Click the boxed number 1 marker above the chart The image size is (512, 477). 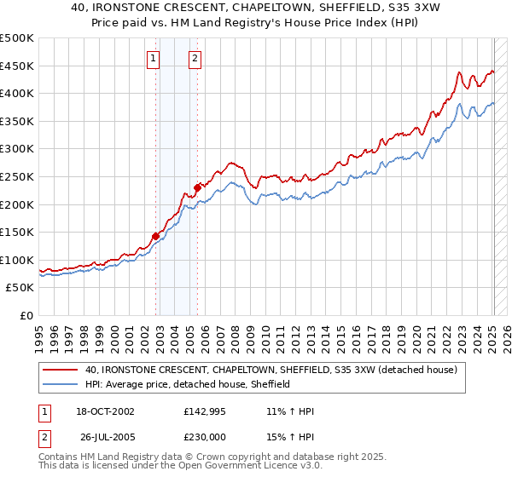point(153,59)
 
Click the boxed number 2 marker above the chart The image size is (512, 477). point(195,59)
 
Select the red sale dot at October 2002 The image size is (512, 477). point(156,236)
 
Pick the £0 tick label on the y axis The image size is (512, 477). point(27,315)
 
